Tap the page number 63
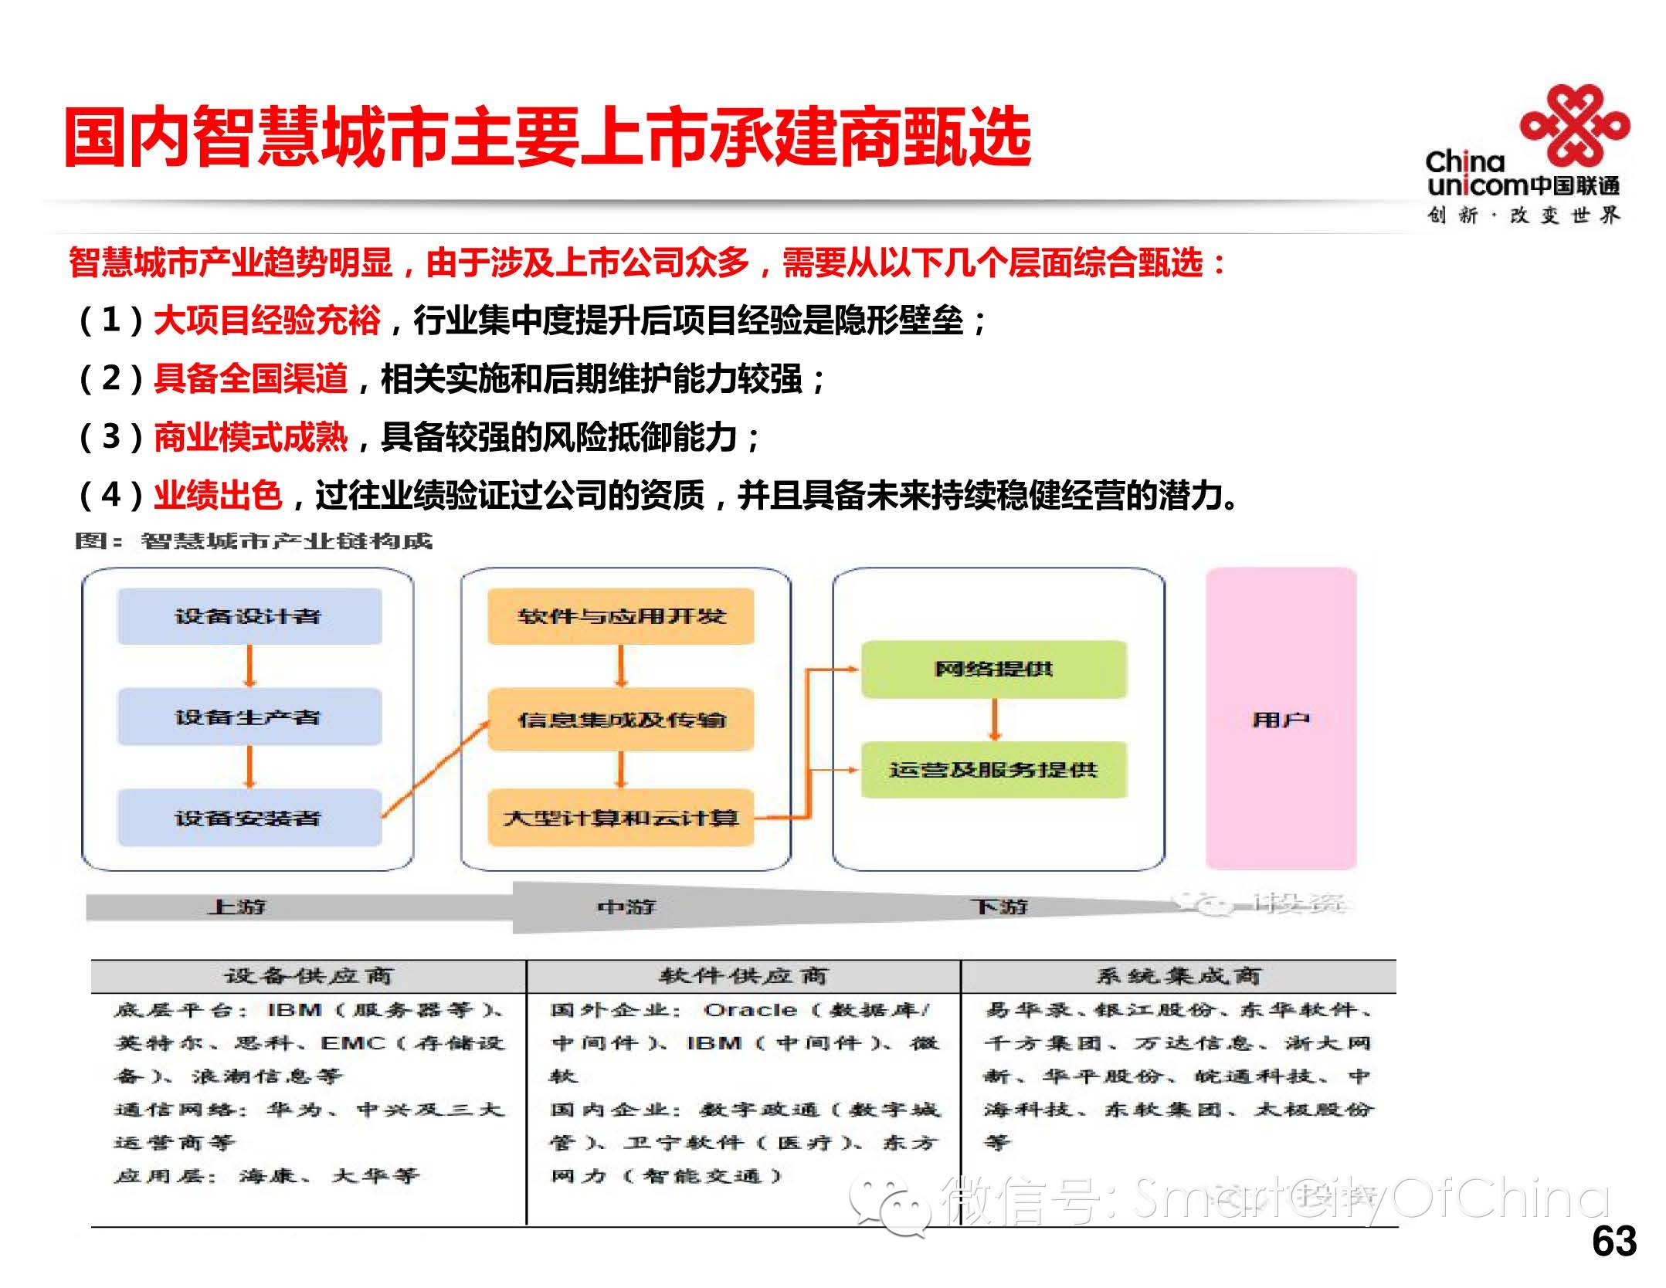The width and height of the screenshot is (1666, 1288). click(x=1613, y=1241)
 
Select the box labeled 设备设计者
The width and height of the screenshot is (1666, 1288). click(x=249, y=616)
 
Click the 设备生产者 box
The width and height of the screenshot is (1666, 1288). click(x=249, y=717)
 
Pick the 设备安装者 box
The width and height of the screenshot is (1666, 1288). click(x=249, y=817)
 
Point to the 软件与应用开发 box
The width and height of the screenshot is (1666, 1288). click(x=621, y=616)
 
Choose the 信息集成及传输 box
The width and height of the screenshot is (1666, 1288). click(x=621, y=719)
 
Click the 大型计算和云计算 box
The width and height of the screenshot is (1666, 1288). click(x=621, y=817)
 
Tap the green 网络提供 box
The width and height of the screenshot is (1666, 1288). click(x=993, y=669)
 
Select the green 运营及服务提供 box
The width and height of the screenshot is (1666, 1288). click(x=993, y=769)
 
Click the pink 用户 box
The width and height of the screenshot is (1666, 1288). click(x=1281, y=719)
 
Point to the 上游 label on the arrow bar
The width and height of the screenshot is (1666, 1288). click(x=236, y=906)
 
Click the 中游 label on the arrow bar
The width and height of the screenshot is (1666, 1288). click(x=626, y=906)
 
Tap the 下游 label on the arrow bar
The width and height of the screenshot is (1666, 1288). click(x=999, y=906)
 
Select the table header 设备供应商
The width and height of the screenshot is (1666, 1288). click(x=308, y=976)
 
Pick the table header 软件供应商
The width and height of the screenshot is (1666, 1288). click(x=743, y=976)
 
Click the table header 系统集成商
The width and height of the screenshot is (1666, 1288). click(x=1178, y=976)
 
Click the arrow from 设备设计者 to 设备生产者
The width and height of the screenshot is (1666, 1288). click(x=249, y=666)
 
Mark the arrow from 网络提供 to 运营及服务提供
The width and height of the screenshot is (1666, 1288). click(x=995, y=720)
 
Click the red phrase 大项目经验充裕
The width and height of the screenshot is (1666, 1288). click(x=266, y=320)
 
